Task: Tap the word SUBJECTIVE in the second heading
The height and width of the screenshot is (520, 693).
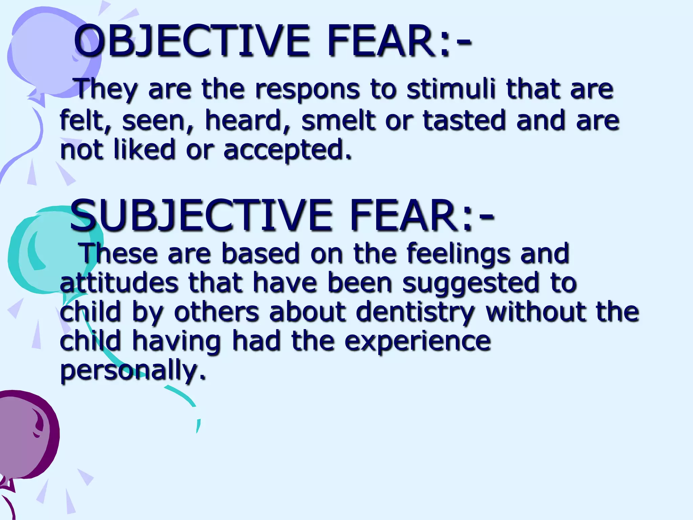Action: (x=201, y=215)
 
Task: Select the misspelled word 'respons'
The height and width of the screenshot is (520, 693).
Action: (x=307, y=89)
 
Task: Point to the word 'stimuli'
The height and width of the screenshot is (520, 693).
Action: (x=452, y=89)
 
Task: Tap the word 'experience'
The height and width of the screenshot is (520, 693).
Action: (x=418, y=341)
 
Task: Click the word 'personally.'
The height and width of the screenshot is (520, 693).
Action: (x=133, y=371)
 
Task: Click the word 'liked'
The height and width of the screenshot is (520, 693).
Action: (x=144, y=150)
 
